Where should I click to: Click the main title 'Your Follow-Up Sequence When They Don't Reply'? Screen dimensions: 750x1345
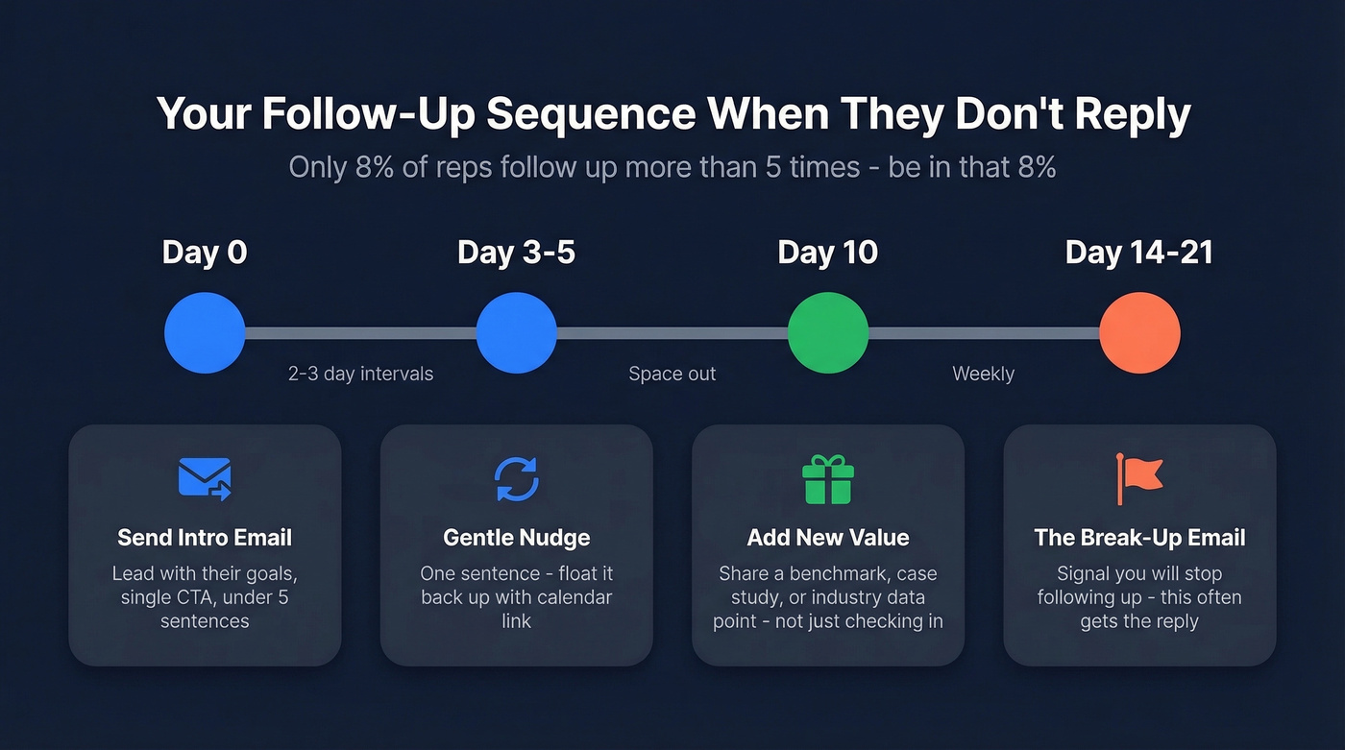point(672,114)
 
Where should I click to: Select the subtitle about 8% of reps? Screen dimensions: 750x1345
point(672,167)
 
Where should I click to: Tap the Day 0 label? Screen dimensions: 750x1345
point(205,253)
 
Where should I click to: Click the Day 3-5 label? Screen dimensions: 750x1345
point(516,253)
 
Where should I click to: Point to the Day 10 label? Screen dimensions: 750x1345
point(827,253)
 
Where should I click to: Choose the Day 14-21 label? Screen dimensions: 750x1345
point(1138,253)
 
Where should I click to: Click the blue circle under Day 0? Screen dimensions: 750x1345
point(205,333)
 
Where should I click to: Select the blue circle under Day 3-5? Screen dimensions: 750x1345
point(516,333)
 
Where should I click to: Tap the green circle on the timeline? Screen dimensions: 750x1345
point(827,333)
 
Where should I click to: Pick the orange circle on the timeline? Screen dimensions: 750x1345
point(1139,333)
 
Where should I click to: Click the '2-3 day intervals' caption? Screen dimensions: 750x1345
point(360,374)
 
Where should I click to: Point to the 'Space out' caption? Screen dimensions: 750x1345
point(672,374)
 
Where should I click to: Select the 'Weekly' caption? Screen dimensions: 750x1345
point(983,374)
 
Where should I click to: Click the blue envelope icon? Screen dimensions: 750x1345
point(205,478)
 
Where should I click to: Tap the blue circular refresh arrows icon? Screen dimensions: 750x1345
point(516,478)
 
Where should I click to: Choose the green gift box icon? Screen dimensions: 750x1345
point(827,478)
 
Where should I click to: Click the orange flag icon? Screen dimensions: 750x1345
point(1138,478)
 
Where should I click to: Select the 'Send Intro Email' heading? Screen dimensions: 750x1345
point(205,538)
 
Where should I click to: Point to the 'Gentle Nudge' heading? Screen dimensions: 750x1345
point(516,538)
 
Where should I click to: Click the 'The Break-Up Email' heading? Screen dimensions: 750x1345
point(1139,538)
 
